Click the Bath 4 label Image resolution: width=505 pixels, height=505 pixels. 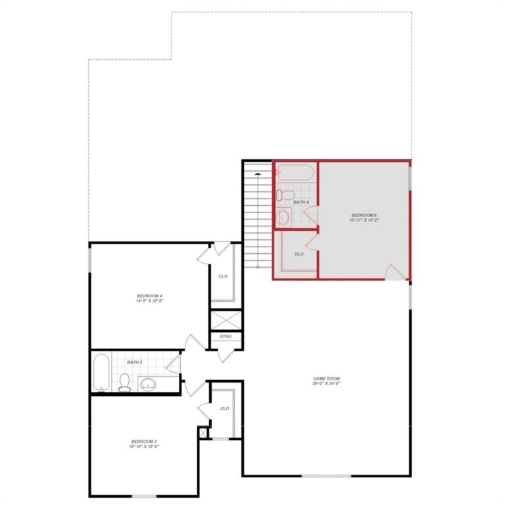pyautogui.click(x=301, y=202)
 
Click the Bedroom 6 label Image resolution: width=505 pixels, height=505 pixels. pyautogui.click(x=363, y=216)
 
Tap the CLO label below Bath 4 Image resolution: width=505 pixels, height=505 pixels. pyautogui.click(x=299, y=254)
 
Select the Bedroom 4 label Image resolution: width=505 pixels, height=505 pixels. pyautogui.click(x=149, y=297)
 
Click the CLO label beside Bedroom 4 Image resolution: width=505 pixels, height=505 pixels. pyautogui.click(x=223, y=276)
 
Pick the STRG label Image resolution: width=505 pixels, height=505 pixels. pyautogui.click(x=226, y=337)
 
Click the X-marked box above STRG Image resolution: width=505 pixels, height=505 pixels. pyautogui.click(x=226, y=320)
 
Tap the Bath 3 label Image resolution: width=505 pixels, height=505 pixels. pyautogui.click(x=135, y=362)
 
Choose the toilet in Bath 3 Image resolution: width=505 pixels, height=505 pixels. pyautogui.click(x=125, y=382)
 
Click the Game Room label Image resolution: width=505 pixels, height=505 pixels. pyautogui.click(x=326, y=378)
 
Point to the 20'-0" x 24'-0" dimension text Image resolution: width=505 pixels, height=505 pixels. pyautogui.click(x=326, y=384)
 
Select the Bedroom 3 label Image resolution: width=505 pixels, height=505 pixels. pyautogui.click(x=144, y=441)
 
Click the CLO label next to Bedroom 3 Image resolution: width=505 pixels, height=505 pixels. pyautogui.click(x=224, y=408)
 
